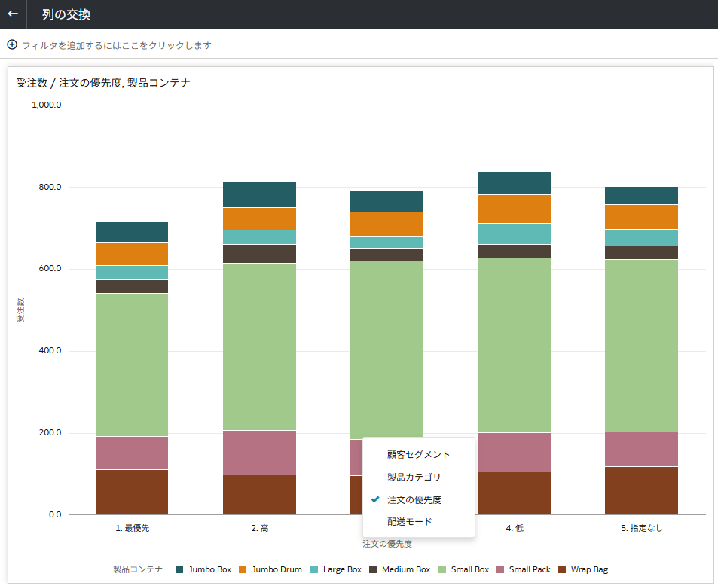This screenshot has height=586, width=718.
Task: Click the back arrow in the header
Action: point(13,14)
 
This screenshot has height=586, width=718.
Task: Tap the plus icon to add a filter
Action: point(12,44)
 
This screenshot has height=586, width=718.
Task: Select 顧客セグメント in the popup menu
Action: point(419,455)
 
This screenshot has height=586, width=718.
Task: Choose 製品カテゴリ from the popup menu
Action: point(414,477)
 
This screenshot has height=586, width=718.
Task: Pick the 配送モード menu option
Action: point(409,521)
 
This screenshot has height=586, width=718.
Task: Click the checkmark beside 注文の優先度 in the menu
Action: point(375,499)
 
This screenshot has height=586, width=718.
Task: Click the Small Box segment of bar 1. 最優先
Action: point(132,365)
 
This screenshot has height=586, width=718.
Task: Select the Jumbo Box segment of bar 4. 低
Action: point(515,183)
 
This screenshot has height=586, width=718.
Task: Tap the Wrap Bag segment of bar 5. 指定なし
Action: point(642,490)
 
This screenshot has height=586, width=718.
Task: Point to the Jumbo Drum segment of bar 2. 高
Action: point(259,218)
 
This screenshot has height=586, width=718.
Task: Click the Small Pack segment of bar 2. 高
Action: point(259,453)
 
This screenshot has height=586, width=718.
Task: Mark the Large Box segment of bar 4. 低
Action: point(515,233)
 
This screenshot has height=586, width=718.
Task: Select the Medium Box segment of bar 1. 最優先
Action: point(132,286)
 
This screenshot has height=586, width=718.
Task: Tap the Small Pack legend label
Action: point(530,569)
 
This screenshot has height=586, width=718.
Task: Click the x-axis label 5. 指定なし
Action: point(642,528)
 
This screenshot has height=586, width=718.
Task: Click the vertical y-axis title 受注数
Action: point(20,310)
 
